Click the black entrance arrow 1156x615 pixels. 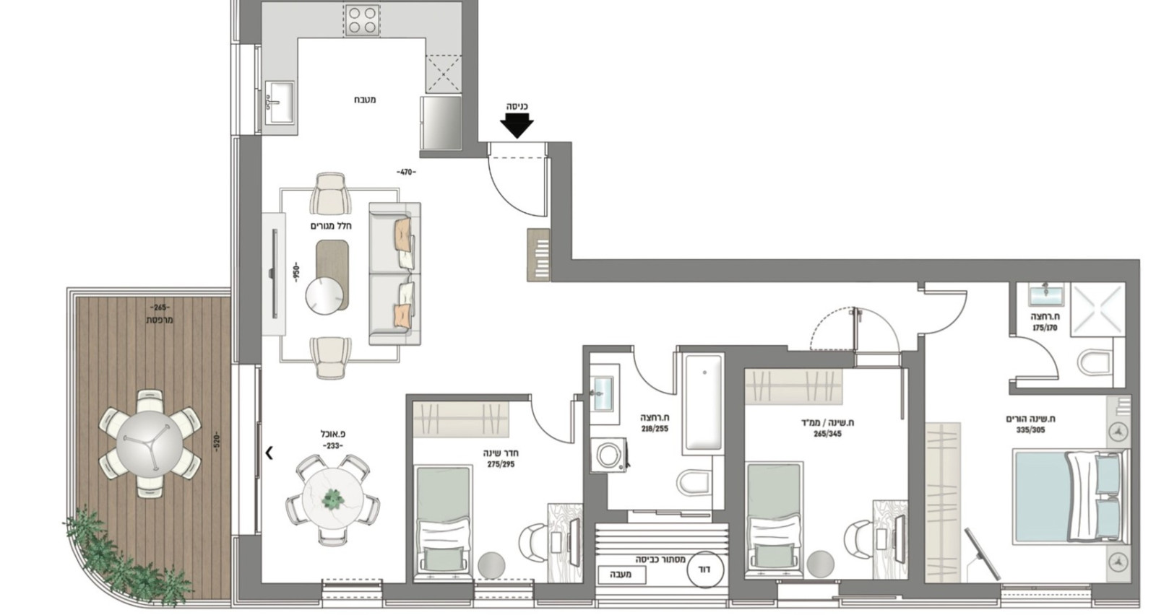pos(517,127)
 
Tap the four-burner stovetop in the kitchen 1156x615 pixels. pos(362,20)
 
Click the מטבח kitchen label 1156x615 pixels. pos(365,100)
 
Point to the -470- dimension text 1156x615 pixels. pos(406,172)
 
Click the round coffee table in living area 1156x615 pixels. pos(324,296)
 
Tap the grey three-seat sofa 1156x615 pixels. pos(394,273)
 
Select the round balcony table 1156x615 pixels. pos(150,442)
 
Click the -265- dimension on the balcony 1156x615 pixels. pos(160,307)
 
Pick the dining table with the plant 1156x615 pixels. pos(332,498)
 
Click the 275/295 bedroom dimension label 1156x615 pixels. pos(501,464)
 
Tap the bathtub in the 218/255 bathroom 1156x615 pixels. pos(703,402)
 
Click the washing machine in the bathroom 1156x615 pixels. pos(608,456)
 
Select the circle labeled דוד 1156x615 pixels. pos(704,570)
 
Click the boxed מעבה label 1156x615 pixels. pos(621,575)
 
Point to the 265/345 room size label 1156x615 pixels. pos(827,434)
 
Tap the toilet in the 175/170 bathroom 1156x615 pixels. pos(1095,362)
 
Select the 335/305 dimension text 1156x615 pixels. pos(1030,429)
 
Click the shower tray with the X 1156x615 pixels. pos(1097,308)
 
